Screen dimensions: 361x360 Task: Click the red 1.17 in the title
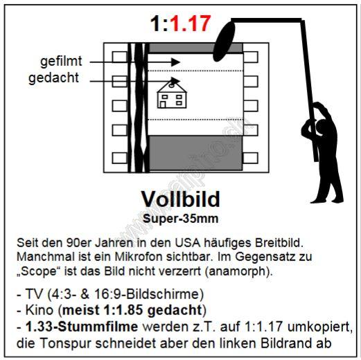[x=190, y=24]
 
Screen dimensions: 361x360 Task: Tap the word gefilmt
[x=61, y=62]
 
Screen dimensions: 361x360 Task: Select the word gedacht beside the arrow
[x=53, y=78]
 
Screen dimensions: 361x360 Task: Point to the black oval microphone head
[x=224, y=41]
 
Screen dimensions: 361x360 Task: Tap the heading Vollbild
[x=180, y=199]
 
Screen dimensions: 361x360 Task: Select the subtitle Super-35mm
[x=180, y=218]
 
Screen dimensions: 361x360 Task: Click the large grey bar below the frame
[x=196, y=153]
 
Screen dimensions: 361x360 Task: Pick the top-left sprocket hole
[x=120, y=57]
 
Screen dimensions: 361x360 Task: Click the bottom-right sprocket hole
[x=251, y=158]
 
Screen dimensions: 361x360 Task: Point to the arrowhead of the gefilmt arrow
[x=175, y=62]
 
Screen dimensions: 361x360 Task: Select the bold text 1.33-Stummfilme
[x=82, y=327]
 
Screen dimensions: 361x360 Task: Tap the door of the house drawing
[x=163, y=105]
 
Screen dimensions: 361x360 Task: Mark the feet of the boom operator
[x=326, y=200]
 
